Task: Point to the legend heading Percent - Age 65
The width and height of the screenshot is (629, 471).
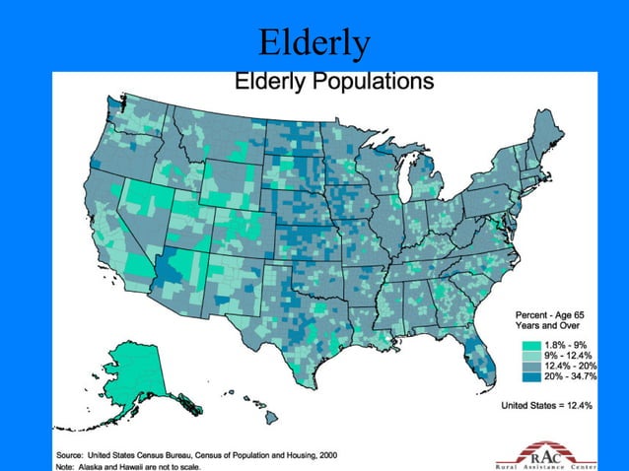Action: tap(553, 314)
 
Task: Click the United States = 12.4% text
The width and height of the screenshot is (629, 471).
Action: tap(546, 405)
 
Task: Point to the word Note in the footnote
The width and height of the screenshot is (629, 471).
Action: tap(68, 467)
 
